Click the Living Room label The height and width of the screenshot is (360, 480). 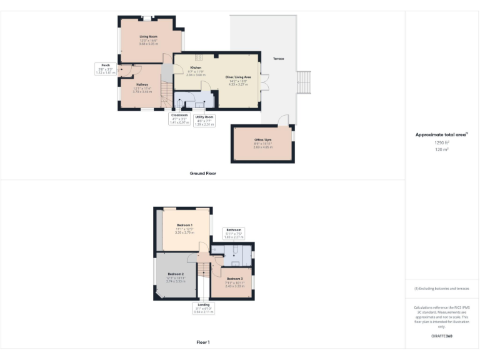(x=148, y=37)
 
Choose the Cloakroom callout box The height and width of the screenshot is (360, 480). (x=179, y=119)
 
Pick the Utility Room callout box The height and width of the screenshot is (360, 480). (x=204, y=121)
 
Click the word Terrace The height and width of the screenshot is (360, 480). (x=278, y=59)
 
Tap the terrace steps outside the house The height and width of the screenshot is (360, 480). (x=303, y=82)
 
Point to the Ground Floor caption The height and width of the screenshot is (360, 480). (x=202, y=173)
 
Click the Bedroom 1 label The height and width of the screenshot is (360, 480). (x=184, y=225)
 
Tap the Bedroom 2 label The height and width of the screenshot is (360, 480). (x=175, y=274)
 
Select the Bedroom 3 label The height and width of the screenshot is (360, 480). (x=234, y=279)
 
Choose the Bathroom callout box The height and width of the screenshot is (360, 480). (x=234, y=233)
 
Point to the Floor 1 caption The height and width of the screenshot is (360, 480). (x=202, y=342)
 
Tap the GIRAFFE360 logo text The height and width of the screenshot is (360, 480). (x=442, y=336)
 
